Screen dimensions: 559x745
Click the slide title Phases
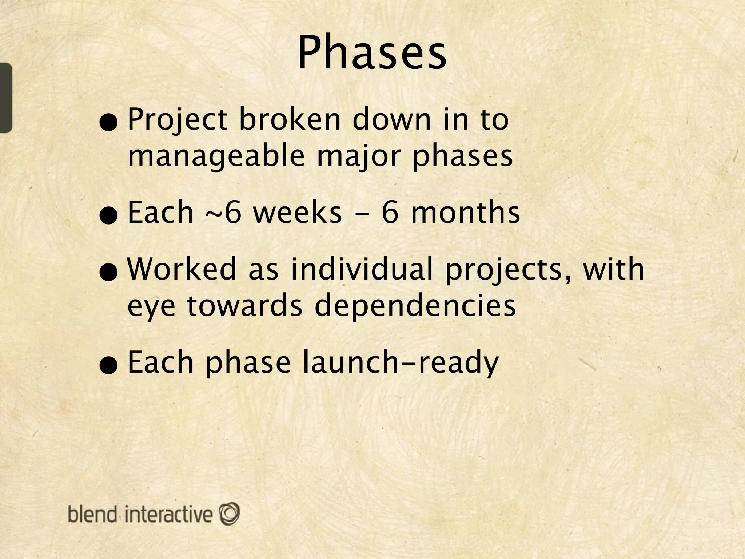372,53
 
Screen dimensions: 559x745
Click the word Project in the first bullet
178,120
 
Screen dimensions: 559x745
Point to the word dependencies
415,306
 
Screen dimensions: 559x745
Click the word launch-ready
401,362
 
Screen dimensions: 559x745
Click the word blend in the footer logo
93,514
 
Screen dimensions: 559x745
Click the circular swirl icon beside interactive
229,514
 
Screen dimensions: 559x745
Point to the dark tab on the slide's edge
5,98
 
